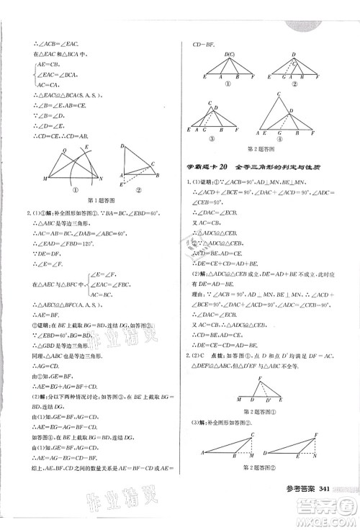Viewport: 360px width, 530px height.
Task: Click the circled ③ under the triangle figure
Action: [213, 141]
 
